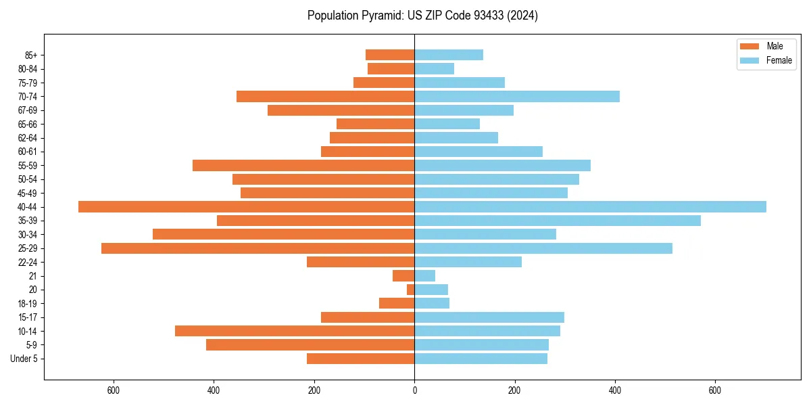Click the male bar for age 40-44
point(246,207)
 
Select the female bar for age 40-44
point(590,207)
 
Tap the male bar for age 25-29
point(257,248)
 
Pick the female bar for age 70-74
point(517,96)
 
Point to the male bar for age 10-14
point(295,331)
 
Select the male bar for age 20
point(411,290)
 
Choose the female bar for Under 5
point(481,359)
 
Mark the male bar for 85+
point(390,55)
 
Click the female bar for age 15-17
point(489,317)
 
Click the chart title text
point(422,16)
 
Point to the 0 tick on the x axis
point(414,390)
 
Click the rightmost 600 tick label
point(715,390)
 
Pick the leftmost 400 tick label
point(214,390)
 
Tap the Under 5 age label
point(24,359)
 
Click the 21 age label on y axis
point(33,276)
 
